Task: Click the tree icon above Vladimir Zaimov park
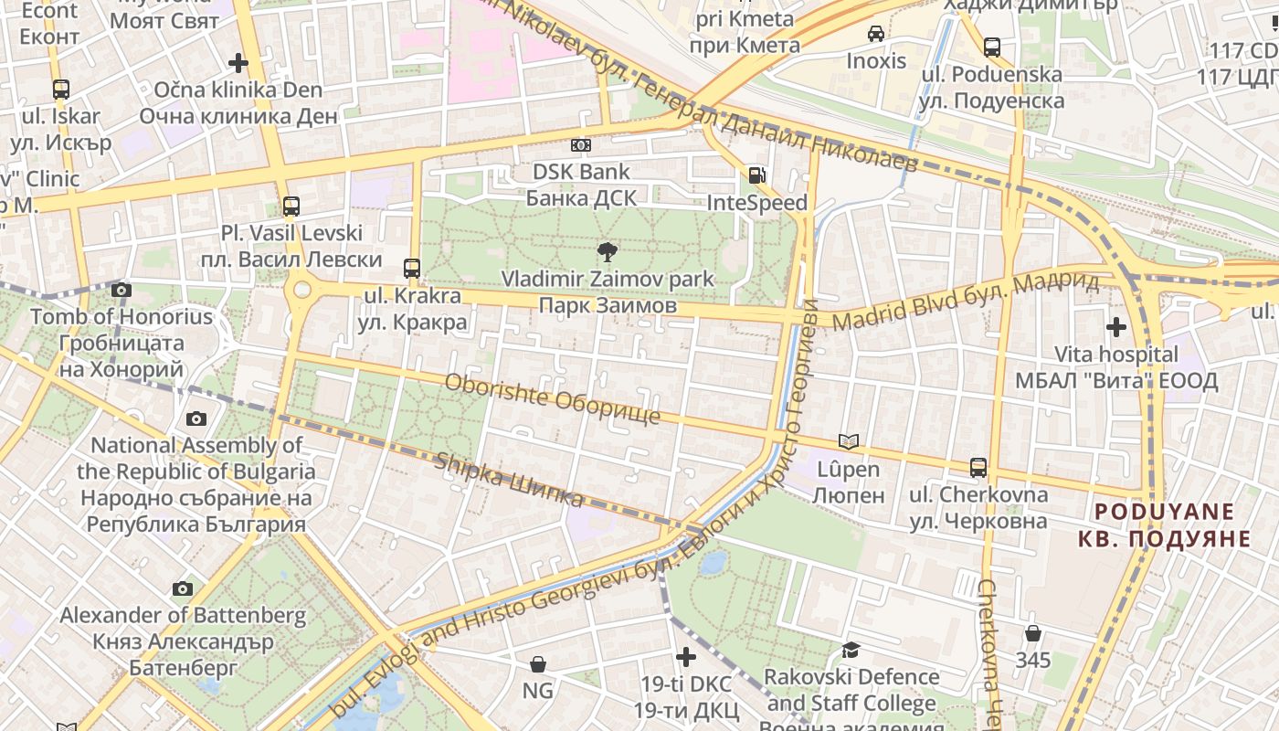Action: (x=606, y=251)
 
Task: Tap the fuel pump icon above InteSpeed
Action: (x=756, y=175)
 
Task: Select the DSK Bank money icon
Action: (x=580, y=145)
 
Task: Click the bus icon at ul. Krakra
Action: (x=412, y=269)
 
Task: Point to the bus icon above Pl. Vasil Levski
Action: (x=291, y=207)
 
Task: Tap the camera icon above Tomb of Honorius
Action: (x=121, y=291)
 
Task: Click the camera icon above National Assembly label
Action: (x=196, y=418)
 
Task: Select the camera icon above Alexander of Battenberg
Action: (x=183, y=588)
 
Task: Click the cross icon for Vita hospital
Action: (x=1115, y=327)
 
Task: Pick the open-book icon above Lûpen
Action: (x=849, y=442)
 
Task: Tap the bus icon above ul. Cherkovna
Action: (x=978, y=468)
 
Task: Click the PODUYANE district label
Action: (x=1164, y=524)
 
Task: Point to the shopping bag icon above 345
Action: (x=1033, y=632)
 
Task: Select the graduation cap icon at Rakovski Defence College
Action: (x=851, y=650)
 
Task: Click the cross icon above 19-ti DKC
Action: (x=686, y=657)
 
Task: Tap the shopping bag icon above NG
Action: (x=538, y=664)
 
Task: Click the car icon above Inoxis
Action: (x=876, y=34)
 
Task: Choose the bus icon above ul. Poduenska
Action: (x=992, y=47)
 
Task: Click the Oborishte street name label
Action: (x=552, y=399)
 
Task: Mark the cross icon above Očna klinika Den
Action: (x=238, y=63)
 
